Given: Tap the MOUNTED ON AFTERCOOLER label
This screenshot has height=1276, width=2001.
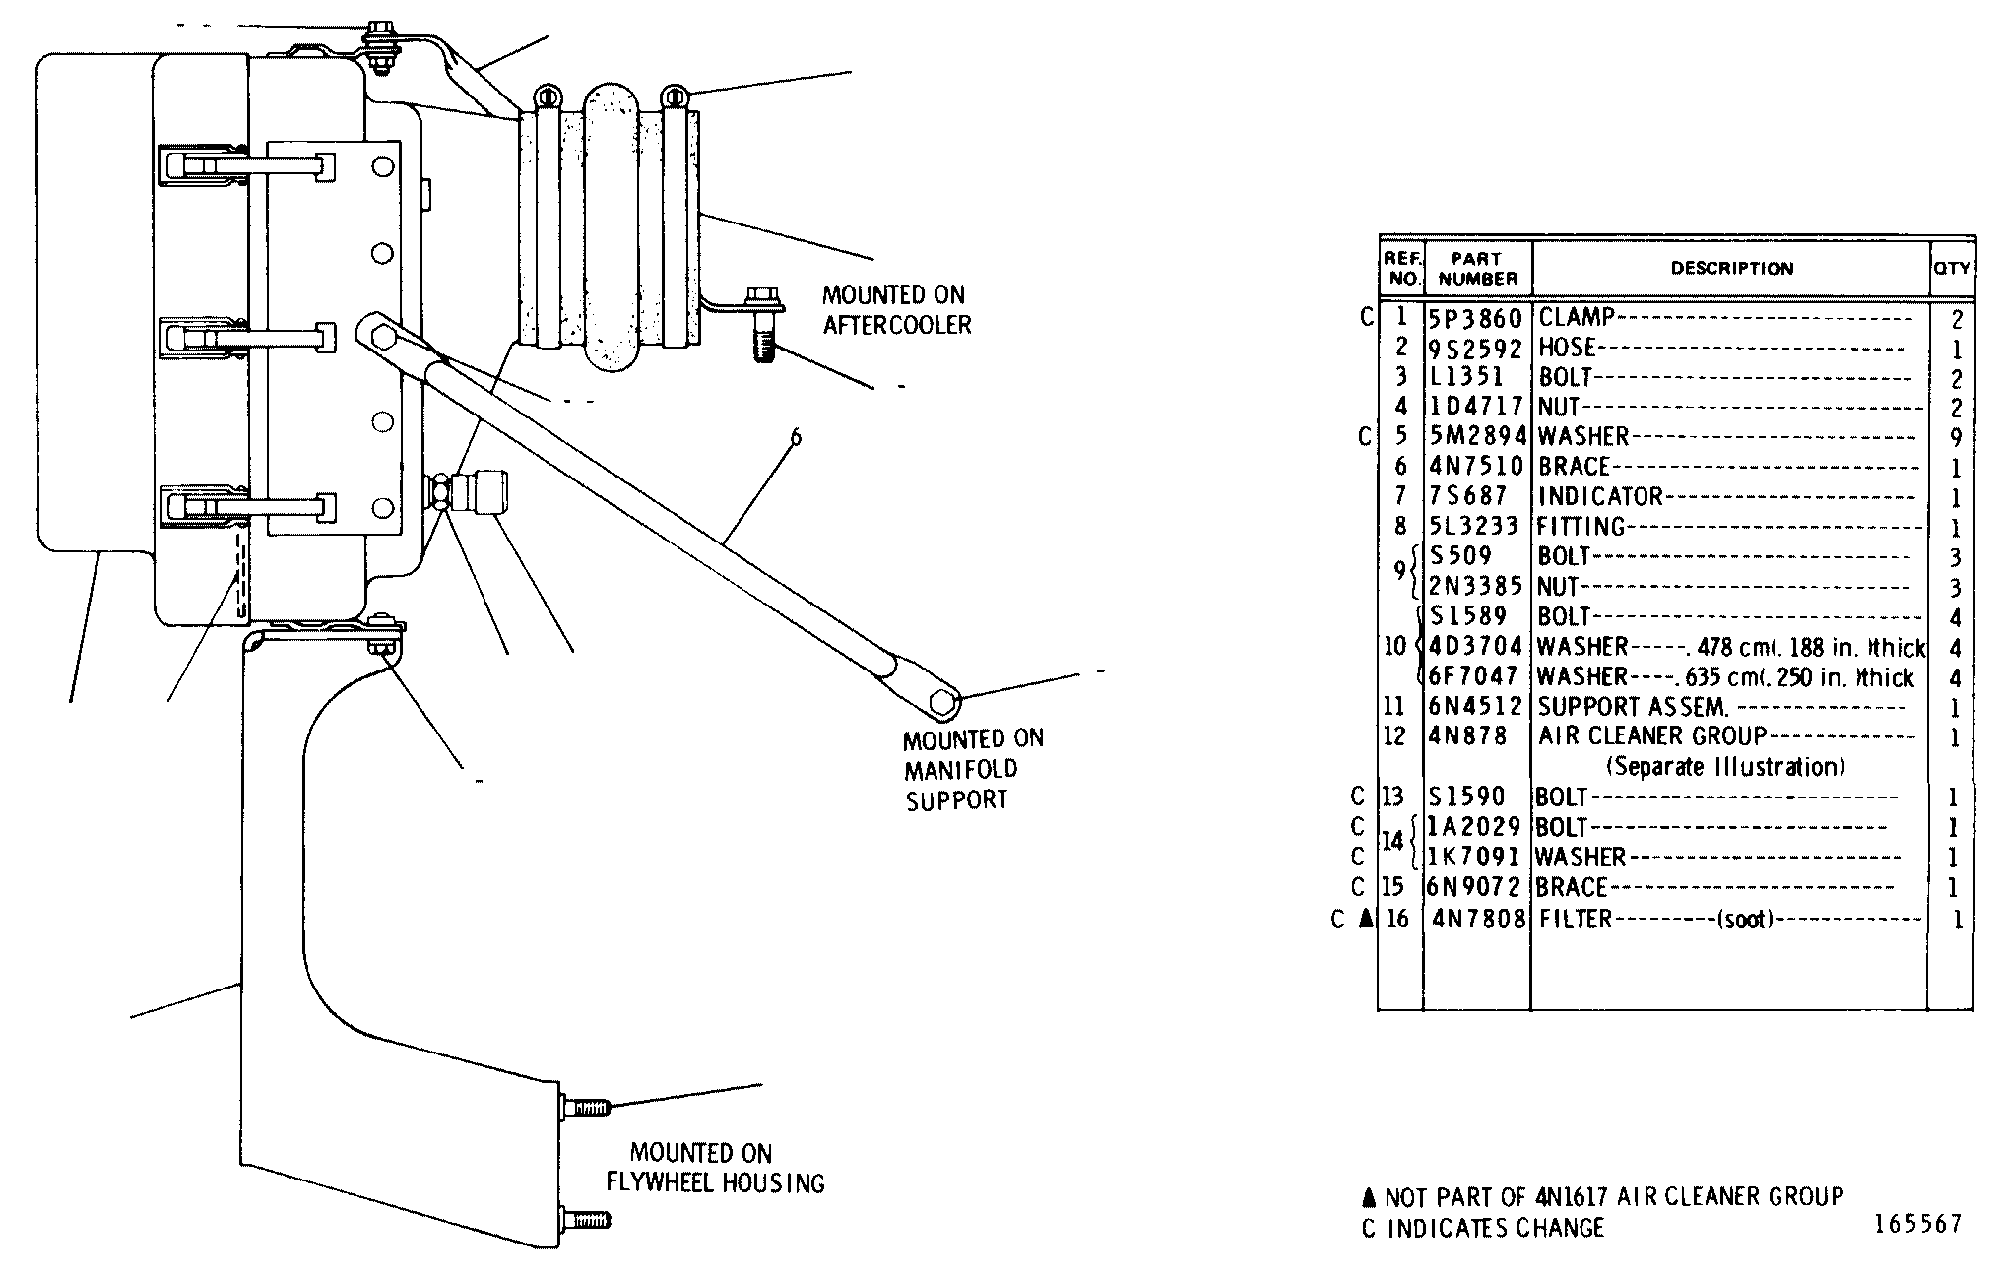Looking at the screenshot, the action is pyautogui.click(x=896, y=310).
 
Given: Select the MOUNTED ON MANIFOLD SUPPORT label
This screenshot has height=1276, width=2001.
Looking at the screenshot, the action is pyautogui.click(x=973, y=770).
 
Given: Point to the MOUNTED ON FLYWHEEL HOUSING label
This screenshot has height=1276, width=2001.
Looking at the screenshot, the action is pyautogui.click(x=715, y=1168).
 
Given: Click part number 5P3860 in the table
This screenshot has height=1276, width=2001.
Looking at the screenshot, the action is pyautogui.click(x=1476, y=318).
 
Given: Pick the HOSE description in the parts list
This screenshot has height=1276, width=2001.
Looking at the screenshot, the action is pyautogui.click(x=1567, y=348).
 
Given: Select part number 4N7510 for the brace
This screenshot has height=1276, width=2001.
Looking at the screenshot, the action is pyautogui.click(x=1476, y=466).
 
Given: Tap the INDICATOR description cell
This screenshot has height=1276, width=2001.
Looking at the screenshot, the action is pyautogui.click(x=1600, y=496).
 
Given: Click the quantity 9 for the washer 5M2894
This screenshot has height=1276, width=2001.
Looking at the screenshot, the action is pyautogui.click(x=1956, y=438).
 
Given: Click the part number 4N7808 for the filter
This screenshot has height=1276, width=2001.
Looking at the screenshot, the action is pyautogui.click(x=1478, y=919).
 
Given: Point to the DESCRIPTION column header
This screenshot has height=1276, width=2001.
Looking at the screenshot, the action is pyautogui.click(x=1732, y=268).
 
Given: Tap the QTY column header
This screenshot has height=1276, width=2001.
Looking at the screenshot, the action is pyautogui.click(x=1952, y=268).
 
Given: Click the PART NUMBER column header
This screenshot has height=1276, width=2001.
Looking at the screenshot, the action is pyautogui.click(x=1477, y=269).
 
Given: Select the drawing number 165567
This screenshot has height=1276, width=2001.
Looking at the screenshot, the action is pyautogui.click(x=1917, y=1224).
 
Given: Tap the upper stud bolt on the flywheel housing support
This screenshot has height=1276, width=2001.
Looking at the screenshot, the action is pyautogui.click(x=585, y=1107).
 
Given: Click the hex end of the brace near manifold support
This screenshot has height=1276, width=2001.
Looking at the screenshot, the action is pyautogui.click(x=944, y=702).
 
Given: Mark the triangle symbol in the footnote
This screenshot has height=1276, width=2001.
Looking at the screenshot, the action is pyautogui.click(x=1367, y=1197).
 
